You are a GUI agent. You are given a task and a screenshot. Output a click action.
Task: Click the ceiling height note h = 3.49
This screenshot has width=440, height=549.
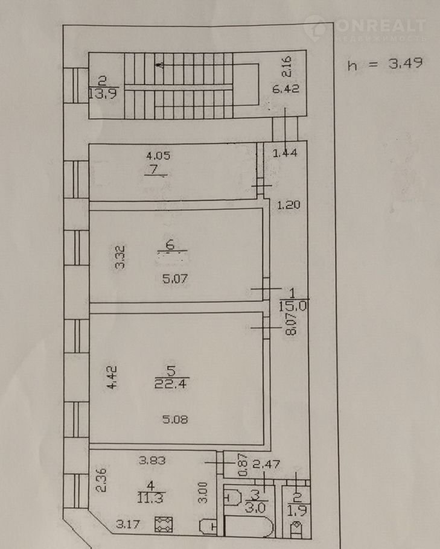click(384, 65)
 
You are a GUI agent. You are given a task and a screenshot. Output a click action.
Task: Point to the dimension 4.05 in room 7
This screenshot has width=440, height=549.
click(158, 155)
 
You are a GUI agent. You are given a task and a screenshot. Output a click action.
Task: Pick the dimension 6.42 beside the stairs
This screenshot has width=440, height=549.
click(287, 89)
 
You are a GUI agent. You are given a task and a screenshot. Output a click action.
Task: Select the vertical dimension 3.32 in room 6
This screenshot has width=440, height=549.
click(120, 257)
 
